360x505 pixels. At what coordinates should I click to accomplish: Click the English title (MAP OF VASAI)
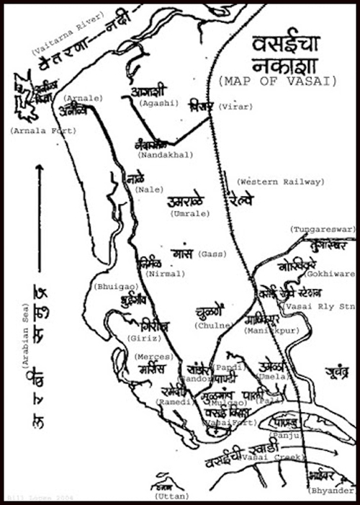(x=276, y=81)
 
